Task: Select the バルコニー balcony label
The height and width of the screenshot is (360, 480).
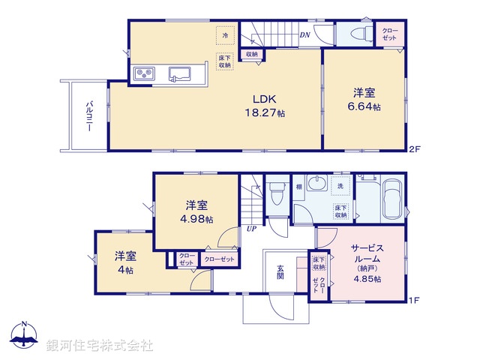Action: click(88, 115)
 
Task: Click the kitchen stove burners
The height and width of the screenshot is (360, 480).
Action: click(144, 73)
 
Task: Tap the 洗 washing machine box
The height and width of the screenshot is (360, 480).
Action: click(340, 184)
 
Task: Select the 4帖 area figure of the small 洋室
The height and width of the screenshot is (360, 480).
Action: click(124, 270)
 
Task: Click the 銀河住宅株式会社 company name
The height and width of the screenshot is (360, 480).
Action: click(99, 346)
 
